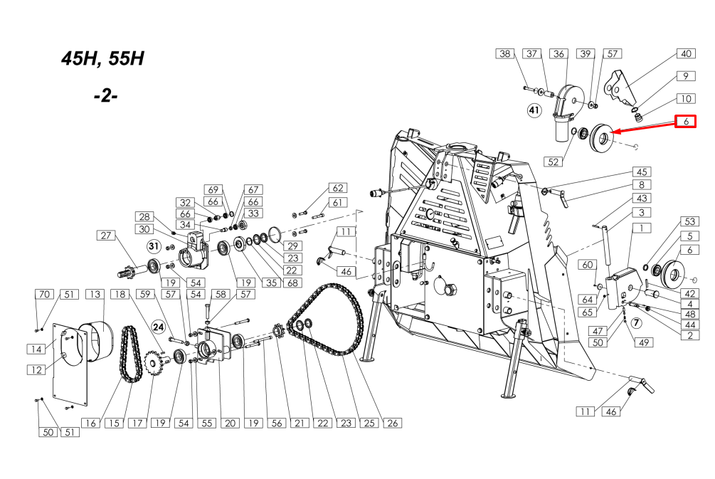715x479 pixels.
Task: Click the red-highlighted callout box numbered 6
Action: [685, 121]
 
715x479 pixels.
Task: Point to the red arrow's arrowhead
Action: [614, 132]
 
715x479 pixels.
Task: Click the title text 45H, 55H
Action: [102, 58]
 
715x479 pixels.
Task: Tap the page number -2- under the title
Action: [106, 96]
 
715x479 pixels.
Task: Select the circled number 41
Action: [534, 110]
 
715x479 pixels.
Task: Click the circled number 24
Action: [158, 327]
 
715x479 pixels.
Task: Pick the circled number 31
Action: [154, 247]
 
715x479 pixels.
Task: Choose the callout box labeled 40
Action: [686, 54]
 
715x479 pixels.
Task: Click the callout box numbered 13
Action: [95, 294]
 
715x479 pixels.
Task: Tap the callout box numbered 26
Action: [393, 423]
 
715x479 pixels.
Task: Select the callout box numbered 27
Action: [106, 236]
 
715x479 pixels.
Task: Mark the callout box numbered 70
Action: [44, 294]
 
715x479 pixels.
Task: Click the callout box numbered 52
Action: [553, 162]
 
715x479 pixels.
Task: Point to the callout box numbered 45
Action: [642, 172]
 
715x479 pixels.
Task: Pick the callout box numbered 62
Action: [338, 188]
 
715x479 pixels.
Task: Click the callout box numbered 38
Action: [505, 54]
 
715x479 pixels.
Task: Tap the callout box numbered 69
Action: [213, 189]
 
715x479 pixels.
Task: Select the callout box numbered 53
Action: [690, 221]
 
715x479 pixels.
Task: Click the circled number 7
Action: [636, 323]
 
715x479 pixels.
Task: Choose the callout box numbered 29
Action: [292, 246]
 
